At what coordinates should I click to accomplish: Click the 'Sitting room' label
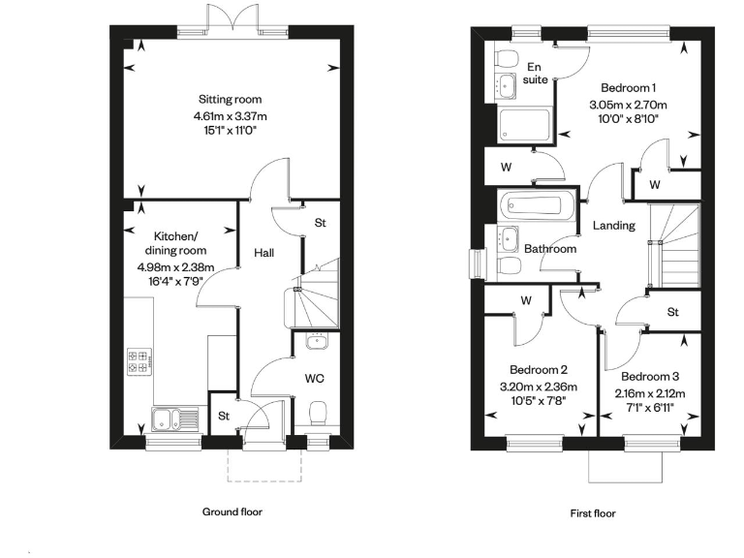click(230, 100)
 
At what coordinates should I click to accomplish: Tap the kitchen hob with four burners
click(138, 361)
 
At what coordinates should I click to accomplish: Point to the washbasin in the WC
click(317, 341)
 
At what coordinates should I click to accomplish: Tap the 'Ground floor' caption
click(232, 511)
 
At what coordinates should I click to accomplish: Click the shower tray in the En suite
click(523, 125)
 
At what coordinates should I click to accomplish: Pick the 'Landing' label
click(614, 226)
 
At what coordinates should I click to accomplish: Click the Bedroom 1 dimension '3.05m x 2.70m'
click(629, 105)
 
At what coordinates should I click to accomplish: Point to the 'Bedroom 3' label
click(650, 377)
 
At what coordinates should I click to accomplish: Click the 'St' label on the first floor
click(672, 312)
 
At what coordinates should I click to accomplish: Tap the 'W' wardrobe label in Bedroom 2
click(526, 300)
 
